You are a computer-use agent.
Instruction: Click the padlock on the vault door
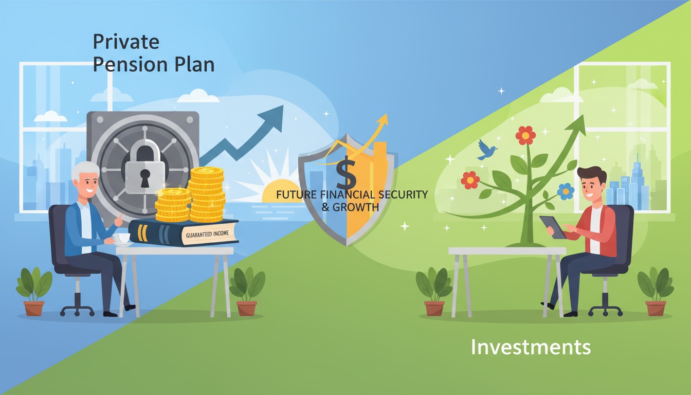pyautogui.click(x=144, y=168)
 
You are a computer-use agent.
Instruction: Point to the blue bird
pyautogui.click(x=486, y=149)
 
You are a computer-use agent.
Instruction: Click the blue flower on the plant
pyautogui.click(x=566, y=191)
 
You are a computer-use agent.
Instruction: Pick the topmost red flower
pyautogui.click(x=525, y=135)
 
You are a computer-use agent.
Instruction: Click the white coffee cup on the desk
pyautogui.click(x=121, y=239)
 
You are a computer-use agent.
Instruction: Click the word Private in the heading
pyautogui.click(x=126, y=41)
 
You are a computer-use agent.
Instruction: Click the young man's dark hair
pyautogui.click(x=592, y=174)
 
